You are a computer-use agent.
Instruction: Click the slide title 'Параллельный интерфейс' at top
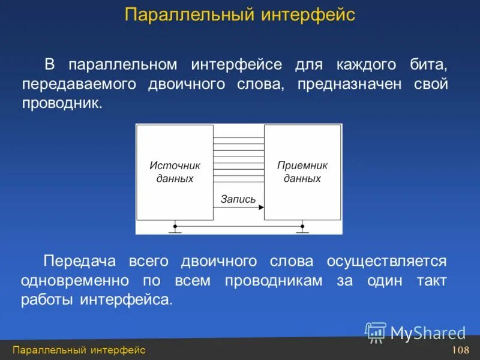(x=240, y=14)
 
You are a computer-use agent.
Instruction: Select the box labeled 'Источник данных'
(x=175, y=172)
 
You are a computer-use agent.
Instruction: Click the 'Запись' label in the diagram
(x=238, y=199)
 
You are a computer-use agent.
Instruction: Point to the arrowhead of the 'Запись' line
(x=261, y=208)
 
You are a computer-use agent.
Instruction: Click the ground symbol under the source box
(x=175, y=229)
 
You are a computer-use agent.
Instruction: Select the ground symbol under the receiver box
(x=302, y=229)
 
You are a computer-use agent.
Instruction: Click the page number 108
(x=460, y=350)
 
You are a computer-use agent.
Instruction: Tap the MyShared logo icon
(x=376, y=332)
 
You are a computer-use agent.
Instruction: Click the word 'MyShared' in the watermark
(x=428, y=333)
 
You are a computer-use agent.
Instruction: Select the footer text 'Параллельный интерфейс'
(x=79, y=350)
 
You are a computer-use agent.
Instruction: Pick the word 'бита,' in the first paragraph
(x=430, y=64)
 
